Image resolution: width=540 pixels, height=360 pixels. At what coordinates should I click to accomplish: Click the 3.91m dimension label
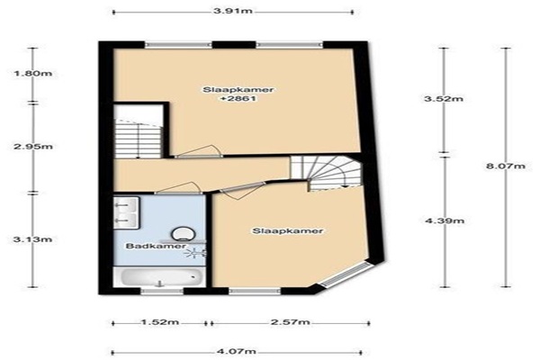coord(233,11)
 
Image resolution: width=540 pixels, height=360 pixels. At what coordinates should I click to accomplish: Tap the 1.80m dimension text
coord(32,74)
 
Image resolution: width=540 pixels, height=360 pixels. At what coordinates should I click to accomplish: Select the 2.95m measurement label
coord(33,147)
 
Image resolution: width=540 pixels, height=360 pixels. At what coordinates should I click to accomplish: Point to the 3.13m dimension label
coord(32,239)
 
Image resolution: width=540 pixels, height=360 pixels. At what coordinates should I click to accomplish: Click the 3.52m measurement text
coord(444,99)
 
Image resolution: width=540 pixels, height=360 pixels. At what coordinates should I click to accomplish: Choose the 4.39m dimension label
coord(445,220)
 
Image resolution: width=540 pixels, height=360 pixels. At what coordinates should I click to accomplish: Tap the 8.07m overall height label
coord(506,166)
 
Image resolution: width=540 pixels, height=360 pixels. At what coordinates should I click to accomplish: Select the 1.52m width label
coord(160,322)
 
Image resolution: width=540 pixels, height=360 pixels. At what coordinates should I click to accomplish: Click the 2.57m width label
coord(291,322)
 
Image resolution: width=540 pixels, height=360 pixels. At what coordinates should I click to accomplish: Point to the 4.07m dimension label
coord(236,351)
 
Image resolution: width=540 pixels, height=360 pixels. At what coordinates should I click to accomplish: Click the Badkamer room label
coord(156,247)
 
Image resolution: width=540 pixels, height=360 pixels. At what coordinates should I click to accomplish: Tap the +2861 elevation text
coord(238,98)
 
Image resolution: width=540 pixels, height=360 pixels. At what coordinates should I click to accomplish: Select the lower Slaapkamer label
coord(288,230)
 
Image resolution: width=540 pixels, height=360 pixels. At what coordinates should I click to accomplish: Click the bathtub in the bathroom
coord(160,276)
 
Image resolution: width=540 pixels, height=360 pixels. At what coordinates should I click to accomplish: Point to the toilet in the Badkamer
coord(184,234)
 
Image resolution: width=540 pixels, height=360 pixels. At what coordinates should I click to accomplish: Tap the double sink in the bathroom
coord(126,212)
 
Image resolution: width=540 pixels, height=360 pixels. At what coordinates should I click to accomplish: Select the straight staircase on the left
coord(139,138)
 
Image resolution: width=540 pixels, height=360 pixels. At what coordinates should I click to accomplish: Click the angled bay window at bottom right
coord(346,274)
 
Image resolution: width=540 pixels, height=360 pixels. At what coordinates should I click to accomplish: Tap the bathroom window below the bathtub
coord(162,292)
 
